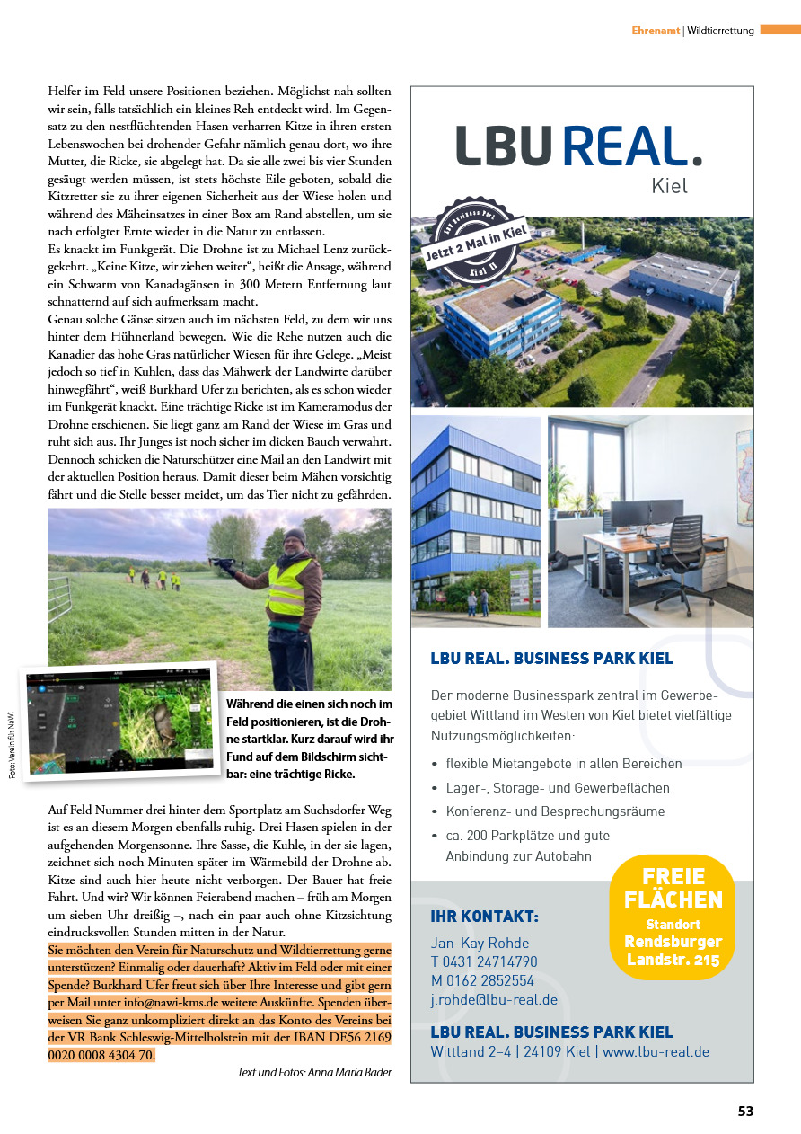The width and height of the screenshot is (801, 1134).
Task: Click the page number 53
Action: click(745, 1112)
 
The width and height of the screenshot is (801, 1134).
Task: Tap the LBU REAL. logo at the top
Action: click(579, 146)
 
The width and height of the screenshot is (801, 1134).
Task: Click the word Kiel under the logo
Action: click(669, 186)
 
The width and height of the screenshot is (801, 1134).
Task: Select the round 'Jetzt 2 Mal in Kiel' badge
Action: click(474, 247)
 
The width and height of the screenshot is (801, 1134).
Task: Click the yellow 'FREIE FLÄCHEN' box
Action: click(673, 916)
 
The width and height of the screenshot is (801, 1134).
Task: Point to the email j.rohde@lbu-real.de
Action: click(494, 999)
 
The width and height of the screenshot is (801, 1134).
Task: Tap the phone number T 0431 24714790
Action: click(484, 961)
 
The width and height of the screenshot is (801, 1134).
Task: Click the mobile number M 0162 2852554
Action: click(482, 980)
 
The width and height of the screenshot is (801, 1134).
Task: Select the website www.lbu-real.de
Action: click(656, 1051)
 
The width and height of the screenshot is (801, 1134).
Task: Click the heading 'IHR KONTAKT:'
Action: click(485, 917)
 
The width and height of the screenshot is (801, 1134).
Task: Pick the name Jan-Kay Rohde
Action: click(480, 943)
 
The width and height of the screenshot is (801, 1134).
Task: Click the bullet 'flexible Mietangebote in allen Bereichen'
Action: click(564, 764)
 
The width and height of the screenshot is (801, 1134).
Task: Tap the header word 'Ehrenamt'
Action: click(656, 30)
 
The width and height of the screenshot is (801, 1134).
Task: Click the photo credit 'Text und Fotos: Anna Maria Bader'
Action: click(314, 1072)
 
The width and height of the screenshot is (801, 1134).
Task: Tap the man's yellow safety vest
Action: click(289, 588)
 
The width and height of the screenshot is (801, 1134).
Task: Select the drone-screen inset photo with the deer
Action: click(119, 722)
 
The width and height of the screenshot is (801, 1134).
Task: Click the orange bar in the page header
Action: click(779, 30)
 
